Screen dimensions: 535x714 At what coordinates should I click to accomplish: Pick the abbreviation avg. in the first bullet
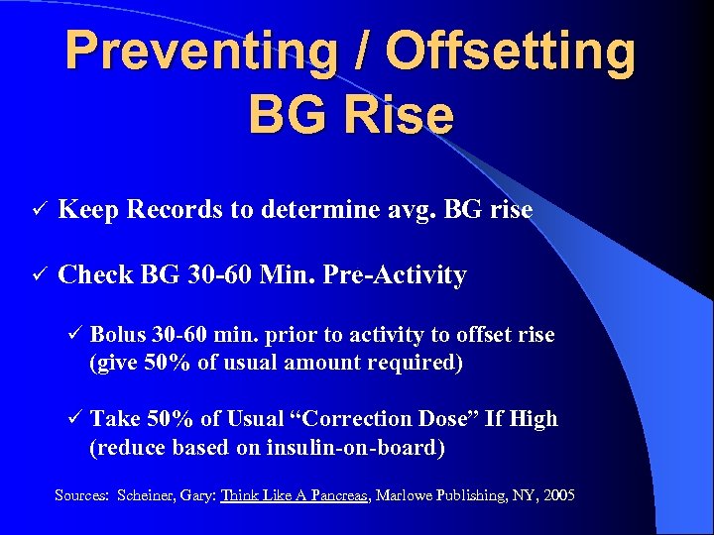pyautogui.click(x=409, y=210)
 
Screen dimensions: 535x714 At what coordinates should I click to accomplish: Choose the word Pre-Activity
pyautogui.click(x=406, y=275)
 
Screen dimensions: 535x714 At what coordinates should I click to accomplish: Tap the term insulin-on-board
pyautogui.click(x=355, y=448)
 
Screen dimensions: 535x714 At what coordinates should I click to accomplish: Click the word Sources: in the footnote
pyautogui.click(x=81, y=494)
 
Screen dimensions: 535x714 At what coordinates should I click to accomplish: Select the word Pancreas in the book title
pyautogui.click(x=336, y=494)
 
